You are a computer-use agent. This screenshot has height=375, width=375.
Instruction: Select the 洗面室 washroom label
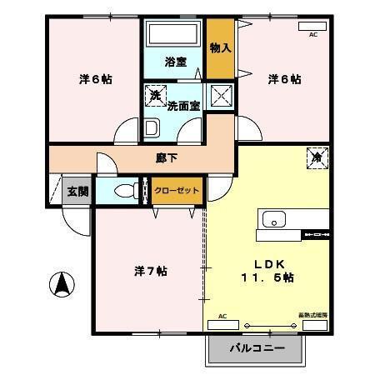pyautogui.click(x=183, y=106)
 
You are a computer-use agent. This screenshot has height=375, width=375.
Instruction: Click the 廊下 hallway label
pyautogui.click(x=166, y=156)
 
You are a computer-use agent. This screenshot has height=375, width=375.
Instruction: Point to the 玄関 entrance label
pyautogui.click(x=77, y=191)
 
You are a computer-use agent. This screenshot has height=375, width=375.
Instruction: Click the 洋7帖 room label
pyautogui.click(x=150, y=271)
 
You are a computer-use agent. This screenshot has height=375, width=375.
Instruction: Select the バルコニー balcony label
pyautogui.click(x=256, y=347)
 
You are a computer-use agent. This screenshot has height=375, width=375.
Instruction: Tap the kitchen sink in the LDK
pyautogui.click(x=273, y=219)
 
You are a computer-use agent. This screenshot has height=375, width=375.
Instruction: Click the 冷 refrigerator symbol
pyautogui.click(x=317, y=155)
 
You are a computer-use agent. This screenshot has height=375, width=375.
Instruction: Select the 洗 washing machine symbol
pyautogui.click(x=155, y=95)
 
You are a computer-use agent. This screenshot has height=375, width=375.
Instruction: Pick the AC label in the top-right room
pyautogui.click(x=313, y=35)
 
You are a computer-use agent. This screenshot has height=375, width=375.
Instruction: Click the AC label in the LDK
pyautogui.click(x=222, y=317)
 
